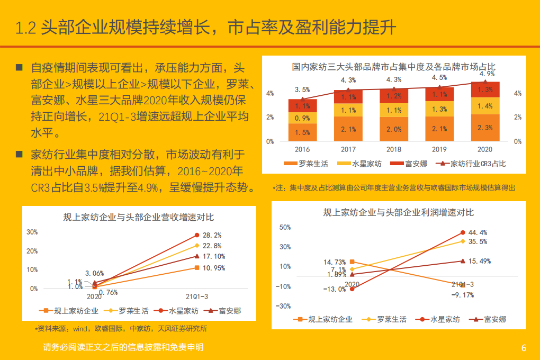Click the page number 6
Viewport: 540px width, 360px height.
[524, 348]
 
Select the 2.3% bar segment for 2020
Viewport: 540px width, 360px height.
[485, 128]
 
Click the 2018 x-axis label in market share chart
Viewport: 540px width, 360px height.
[394, 150]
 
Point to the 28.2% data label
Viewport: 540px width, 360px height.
[212, 235]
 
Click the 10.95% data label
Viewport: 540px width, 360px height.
[213, 268]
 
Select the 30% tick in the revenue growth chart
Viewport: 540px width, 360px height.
[32, 232]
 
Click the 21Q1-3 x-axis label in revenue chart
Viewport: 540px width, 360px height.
[197, 296]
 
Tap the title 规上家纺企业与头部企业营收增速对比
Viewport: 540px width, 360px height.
[139, 217]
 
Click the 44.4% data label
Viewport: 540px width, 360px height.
[477, 232]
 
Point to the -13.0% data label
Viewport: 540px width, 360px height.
[335, 289]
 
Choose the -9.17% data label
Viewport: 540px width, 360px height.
[462, 295]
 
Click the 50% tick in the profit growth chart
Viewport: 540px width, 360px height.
[285, 227]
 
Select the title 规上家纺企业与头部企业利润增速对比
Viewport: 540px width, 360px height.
[398, 212]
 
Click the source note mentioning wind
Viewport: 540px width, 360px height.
[121, 329]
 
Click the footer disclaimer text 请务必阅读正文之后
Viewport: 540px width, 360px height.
[123, 347]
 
